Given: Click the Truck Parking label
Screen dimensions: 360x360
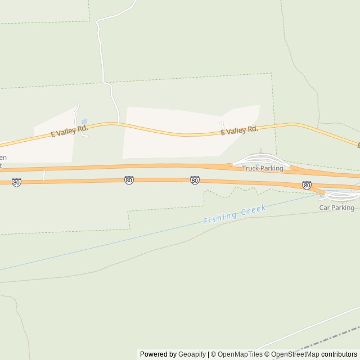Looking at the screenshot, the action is pyautogui.click(x=262, y=168).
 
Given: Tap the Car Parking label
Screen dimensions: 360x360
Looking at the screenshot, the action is pyautogui.click(x=336, y=208).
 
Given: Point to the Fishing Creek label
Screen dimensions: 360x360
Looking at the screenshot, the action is pyautogui.click(x=234, y=215).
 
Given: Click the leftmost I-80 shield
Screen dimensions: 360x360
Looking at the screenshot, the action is pyautogui.click(x=16, y=183).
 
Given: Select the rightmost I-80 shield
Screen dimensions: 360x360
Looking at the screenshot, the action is pyautogui.click(x=307, y=184).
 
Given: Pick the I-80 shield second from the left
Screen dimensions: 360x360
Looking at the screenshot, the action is pyautogui.click(x=129, y=181).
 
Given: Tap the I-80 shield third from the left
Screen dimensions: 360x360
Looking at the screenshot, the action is pyautogui.click(x=194, y=181).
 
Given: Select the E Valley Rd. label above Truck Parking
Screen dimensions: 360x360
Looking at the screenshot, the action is pyautogui.click(x=239, y=130).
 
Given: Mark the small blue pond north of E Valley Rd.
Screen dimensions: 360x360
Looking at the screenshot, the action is pyautogui.click(x=84, y=121).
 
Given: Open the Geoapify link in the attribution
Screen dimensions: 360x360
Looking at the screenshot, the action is pyautogui.click(x=191, y=354).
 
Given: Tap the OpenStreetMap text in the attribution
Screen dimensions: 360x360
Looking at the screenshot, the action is pyautogui.click(x=295, y=354).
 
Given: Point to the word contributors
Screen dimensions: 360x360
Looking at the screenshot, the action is pyautogui.click(x=339, y=354).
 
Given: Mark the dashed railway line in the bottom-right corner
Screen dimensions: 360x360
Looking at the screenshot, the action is pyautogui.click(x=326, y=340).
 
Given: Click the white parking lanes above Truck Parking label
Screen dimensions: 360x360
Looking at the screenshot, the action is pyautogui.click(x=260, y=158).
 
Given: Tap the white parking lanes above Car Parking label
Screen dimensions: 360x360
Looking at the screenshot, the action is pyautogui.click(x=341, y=197).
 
